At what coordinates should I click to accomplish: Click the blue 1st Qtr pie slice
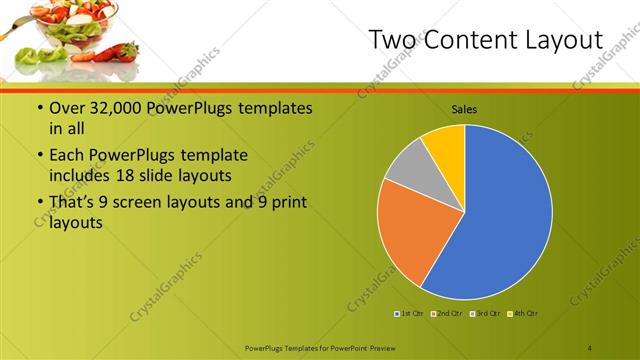[x=500, y=215]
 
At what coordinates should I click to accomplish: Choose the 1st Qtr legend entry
[x=409, y=314]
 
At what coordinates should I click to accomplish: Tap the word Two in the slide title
[x=388, y=40]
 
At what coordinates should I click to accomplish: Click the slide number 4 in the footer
[x=590, y=347]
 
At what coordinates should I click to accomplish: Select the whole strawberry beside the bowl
[x=122, y=50]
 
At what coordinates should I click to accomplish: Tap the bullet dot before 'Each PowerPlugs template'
[x=38, y=155]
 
